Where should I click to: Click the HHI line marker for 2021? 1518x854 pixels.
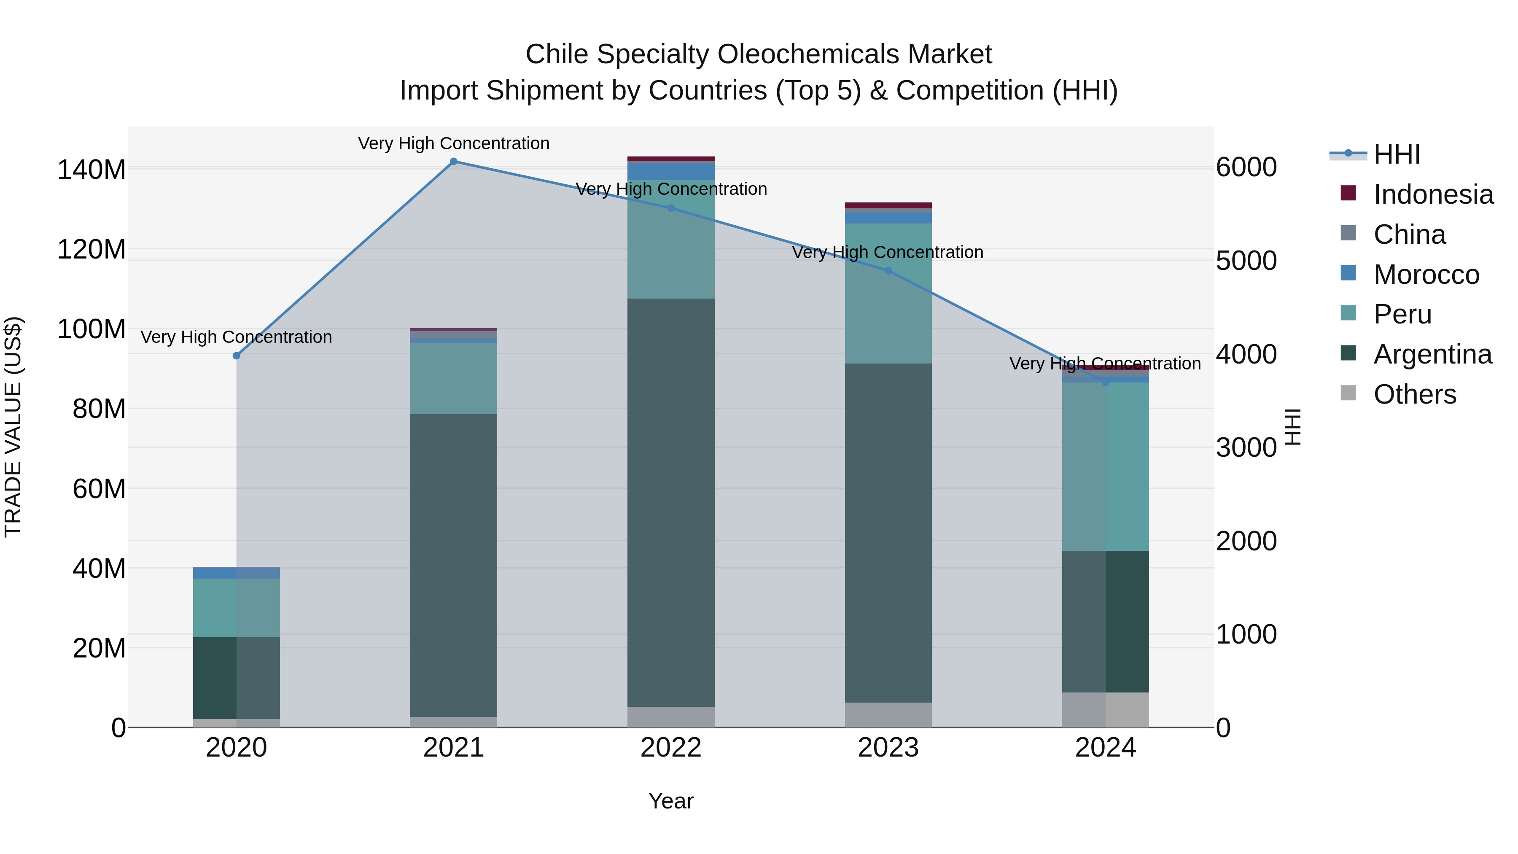[x=453, y=161]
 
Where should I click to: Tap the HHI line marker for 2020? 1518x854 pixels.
[x=236, y=356]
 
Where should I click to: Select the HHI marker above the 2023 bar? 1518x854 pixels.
[x=888, y=270]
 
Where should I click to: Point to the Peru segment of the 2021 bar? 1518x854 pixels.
[x=453, y=378]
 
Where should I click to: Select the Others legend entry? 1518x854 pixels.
[x=1414, y=394]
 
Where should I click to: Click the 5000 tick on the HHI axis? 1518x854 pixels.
[x=1246, y=261]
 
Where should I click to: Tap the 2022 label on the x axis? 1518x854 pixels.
[x=670, y=747]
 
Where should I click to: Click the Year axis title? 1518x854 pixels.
[x=670, y=801]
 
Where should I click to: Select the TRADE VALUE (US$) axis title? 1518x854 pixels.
[x=13, y=427]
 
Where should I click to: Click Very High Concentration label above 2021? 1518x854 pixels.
[x=453, y=143]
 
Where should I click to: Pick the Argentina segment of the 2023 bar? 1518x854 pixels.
[x=888, y=532]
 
